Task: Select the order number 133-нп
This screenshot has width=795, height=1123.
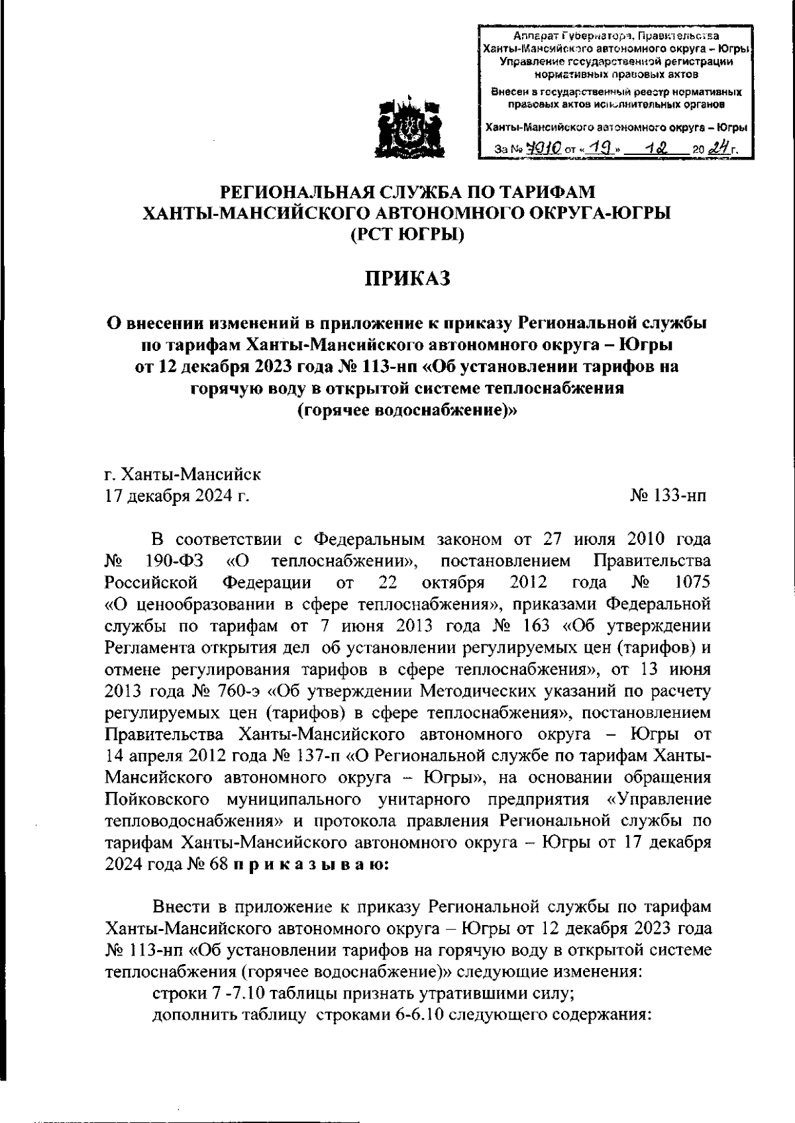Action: click(669, 495)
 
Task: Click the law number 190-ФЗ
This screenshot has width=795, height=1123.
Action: click(174, 561)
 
